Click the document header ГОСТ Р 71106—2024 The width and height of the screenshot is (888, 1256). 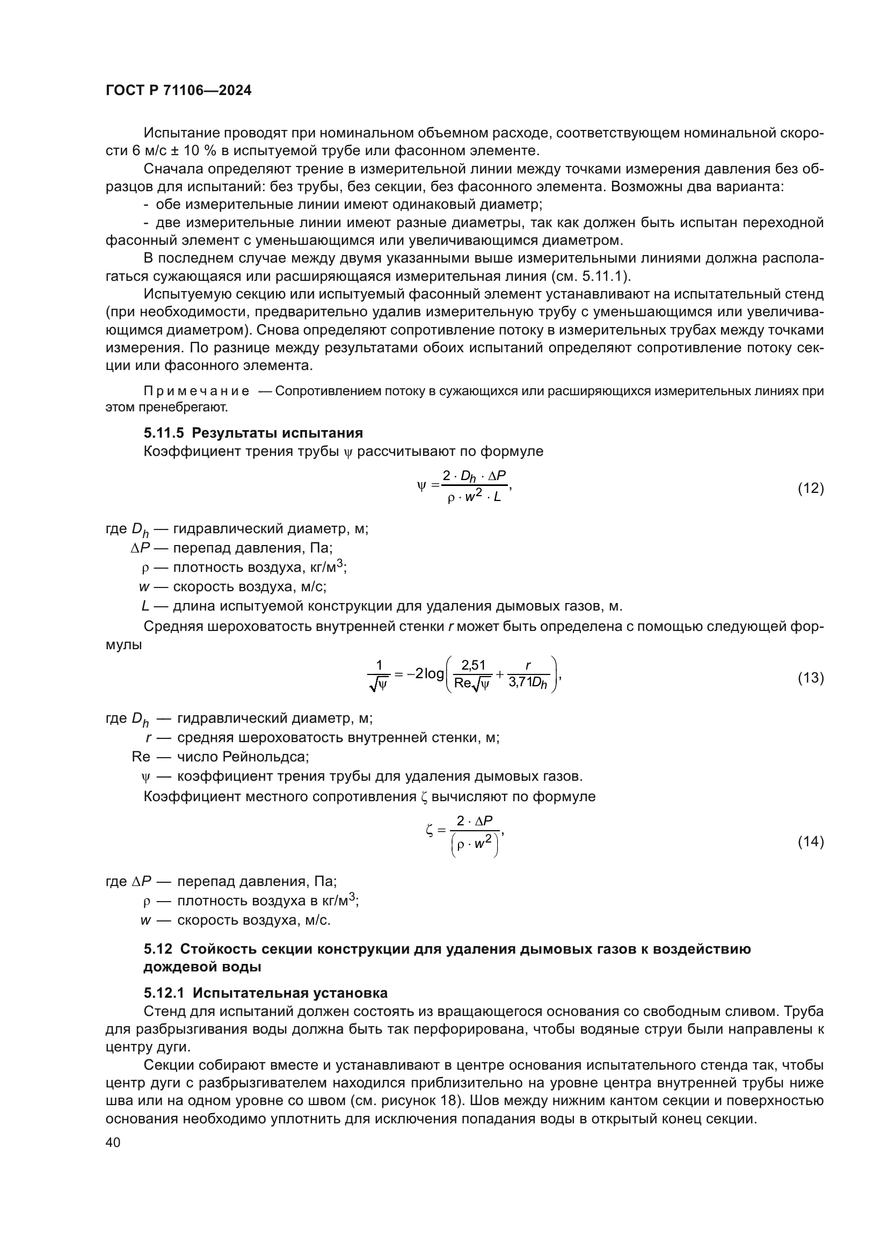178,91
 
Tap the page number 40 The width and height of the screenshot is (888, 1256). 113,1142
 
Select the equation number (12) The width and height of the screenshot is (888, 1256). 810,488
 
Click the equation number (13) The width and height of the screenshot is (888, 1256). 810,678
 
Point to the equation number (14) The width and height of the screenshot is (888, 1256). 810,841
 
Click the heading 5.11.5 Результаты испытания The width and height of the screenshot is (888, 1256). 253,433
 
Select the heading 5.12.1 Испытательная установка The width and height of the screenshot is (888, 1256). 265,993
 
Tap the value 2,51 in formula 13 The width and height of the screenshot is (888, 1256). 474,665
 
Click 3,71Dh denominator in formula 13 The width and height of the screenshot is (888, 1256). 528,684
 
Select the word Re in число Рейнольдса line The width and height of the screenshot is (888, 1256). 141,757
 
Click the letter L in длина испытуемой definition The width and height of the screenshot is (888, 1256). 145,606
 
